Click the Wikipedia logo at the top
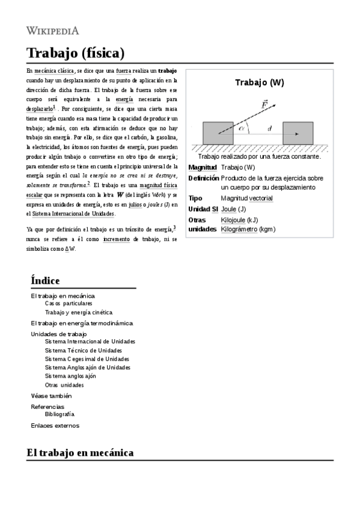click(53, 30)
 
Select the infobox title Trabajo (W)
click(259, 82)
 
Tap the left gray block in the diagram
click(218, 132)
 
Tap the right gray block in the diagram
click(297, 132)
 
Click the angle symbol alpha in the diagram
click(242, 127)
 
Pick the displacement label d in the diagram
click(269, 128)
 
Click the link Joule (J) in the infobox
click(233, 209)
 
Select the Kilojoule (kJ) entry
click(239, 220)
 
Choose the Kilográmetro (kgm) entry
click(248, 229)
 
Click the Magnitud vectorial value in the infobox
click(246, 198)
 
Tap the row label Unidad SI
click(203, 209)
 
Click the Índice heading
click(45, 281)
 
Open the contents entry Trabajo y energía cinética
click(78, 312)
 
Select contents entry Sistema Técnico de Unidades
click(83, 350)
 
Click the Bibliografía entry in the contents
click(59, 414)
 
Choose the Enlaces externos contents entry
click(55, 425)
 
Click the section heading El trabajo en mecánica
click(80, 452)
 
